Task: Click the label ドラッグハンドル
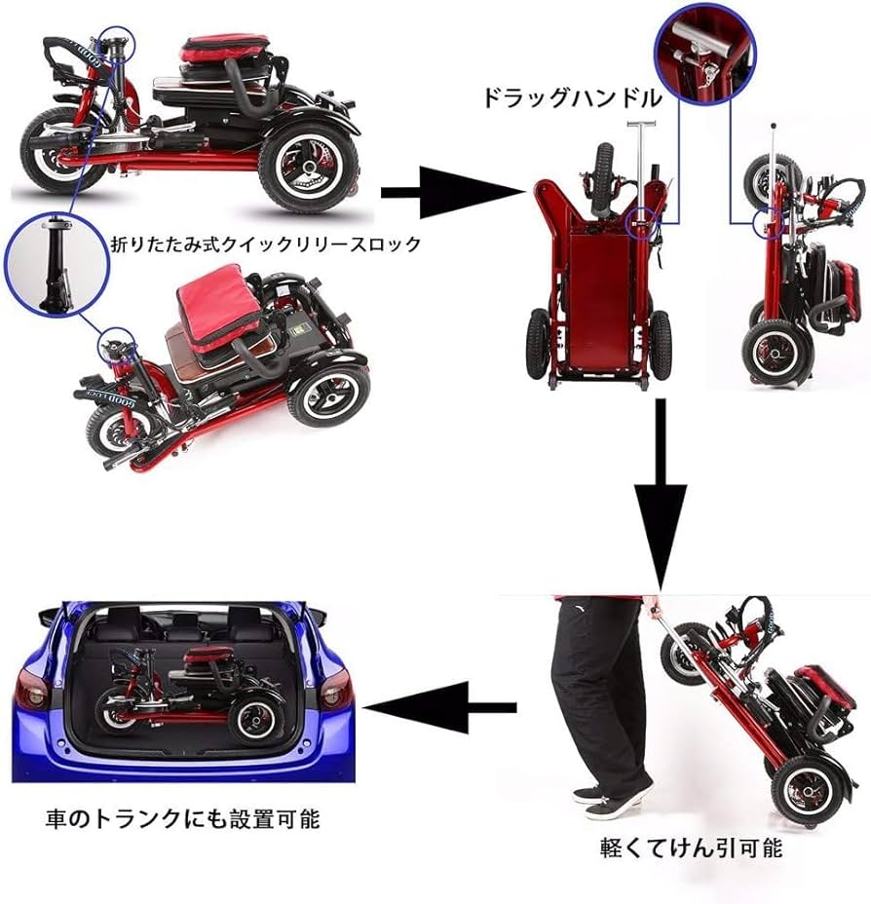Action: coord(570,98)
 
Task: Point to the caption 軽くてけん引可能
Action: coord(691,847)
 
